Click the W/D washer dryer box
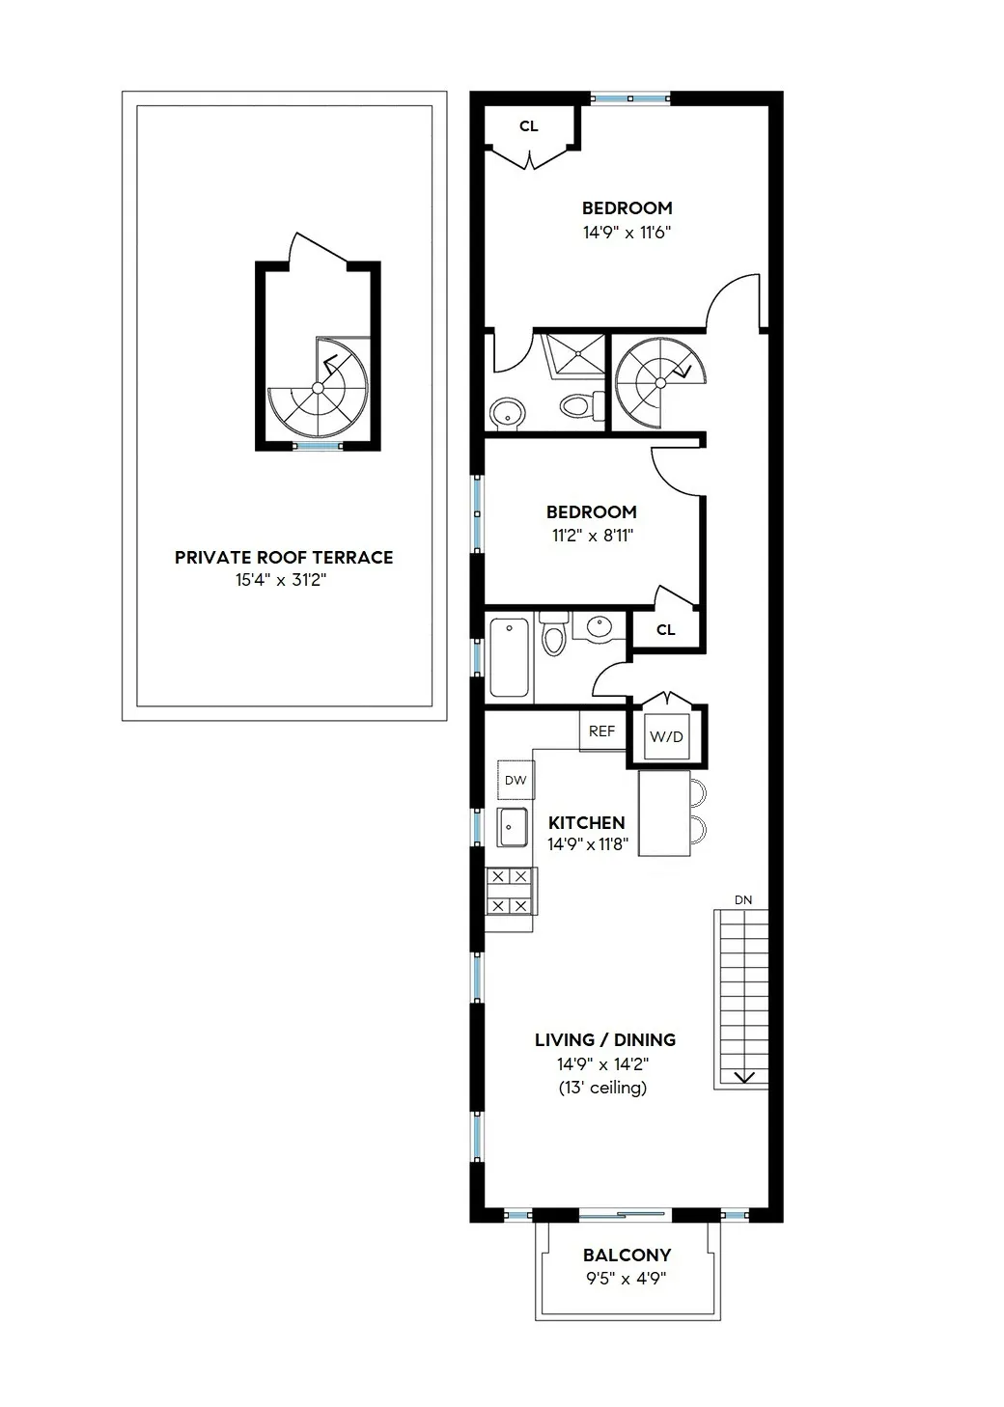tap(666, 737)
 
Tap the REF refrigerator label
tap(601, 731)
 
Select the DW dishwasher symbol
tap(516, 780)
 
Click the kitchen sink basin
tap(513, 827)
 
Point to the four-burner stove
tap(510, 891)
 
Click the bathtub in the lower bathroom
tap(510, 659)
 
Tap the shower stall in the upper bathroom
tap(575, 354)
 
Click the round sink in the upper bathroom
tap(508, 414)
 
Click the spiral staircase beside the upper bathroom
tap(659, 381)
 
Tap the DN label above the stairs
tap(742, 900)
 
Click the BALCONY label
tap(627, 1255)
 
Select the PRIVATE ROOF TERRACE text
tap(284, 558)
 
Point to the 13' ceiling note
tap(602, 1089)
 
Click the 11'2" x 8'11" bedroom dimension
tap(592, 536)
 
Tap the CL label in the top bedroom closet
tap(528, 126)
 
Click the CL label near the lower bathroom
tap(665, 630)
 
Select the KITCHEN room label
tap(586, 823)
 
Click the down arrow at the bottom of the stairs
tap(744, 1077)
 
